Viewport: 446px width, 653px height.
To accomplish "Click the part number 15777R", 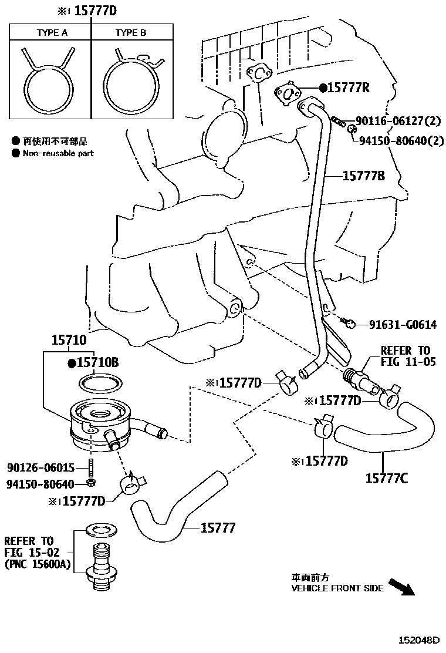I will tap(349, 87).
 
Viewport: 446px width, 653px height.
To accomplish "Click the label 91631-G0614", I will tap(403, 325).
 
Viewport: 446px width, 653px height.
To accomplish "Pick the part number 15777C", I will tap(387, 479).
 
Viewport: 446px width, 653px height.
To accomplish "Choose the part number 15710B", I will tap(97, 363).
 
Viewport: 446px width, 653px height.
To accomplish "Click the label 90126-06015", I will tap(41, 467).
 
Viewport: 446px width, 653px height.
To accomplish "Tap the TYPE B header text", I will tap(130, 33).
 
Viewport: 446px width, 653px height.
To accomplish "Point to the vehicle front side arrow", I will tap(401, 587).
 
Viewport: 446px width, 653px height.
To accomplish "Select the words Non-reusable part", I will tap(58, 153).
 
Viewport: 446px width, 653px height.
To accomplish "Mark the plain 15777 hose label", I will tap(218, 528).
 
